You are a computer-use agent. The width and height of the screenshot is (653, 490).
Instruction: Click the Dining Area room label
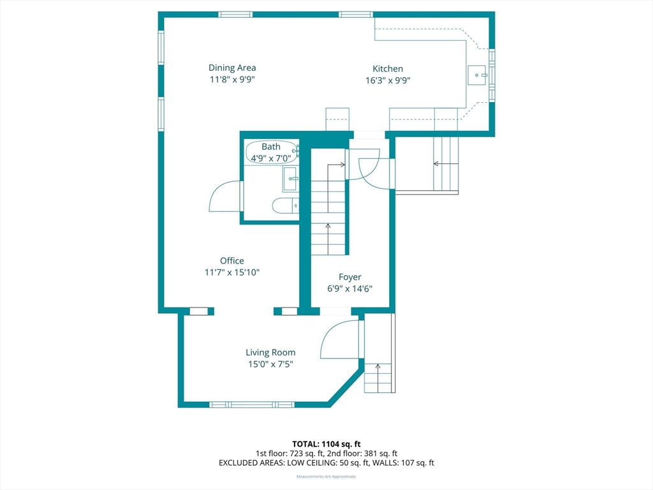(x=232, y=68)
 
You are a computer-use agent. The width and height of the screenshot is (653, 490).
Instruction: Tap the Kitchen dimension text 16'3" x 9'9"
(x=388, y=80)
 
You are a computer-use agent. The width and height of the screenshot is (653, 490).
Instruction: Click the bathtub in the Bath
(x=272, y=152)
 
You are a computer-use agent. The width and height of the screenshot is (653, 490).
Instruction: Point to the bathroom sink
(x=290, y=179)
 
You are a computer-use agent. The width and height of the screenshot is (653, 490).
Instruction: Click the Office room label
(x=232, y=261)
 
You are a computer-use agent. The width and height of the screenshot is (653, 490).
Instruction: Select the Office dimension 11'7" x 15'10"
(x=232, y=272)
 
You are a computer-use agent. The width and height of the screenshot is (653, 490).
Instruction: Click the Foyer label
(x=350, y=277)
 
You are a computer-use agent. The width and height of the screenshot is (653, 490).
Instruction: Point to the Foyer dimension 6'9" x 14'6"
(x=350, y=289)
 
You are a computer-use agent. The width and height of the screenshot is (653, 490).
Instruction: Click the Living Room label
(x=270, y=352)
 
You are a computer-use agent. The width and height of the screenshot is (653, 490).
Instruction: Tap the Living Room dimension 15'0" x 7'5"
(x=270, y=364)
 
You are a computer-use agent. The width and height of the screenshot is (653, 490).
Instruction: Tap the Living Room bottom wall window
(x=251, y=405)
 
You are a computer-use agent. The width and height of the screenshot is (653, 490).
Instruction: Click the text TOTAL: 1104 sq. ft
(x=326, y=444)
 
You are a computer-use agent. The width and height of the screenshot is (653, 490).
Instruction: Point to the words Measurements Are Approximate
(x=326, y=476)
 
